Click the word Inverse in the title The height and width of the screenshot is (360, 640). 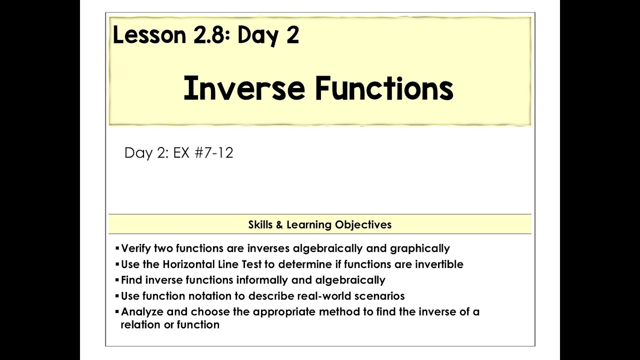click(243, 89)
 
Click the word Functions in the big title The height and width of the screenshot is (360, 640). click(384, 89)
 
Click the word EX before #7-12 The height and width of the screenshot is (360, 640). click(181, 153)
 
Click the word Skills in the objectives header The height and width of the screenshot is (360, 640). click(260, 224)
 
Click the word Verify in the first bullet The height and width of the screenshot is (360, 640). click(136, 248)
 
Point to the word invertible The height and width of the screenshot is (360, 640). click(438, 264)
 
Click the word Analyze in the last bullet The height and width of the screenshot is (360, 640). click(142, 312)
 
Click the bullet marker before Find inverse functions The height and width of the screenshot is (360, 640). click(117, 279)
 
